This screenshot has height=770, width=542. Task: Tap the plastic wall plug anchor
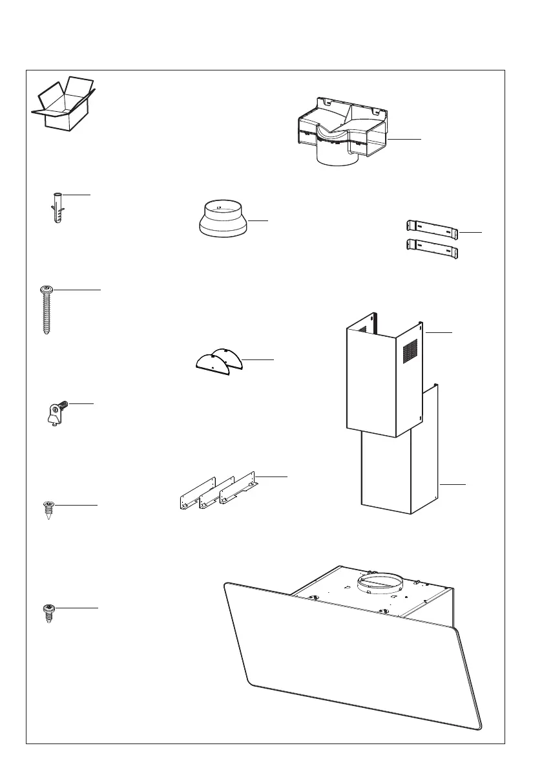pos(56,206)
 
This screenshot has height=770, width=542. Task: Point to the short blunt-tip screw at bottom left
pos(47,613)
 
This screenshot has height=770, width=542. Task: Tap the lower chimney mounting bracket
pos(432,248)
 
